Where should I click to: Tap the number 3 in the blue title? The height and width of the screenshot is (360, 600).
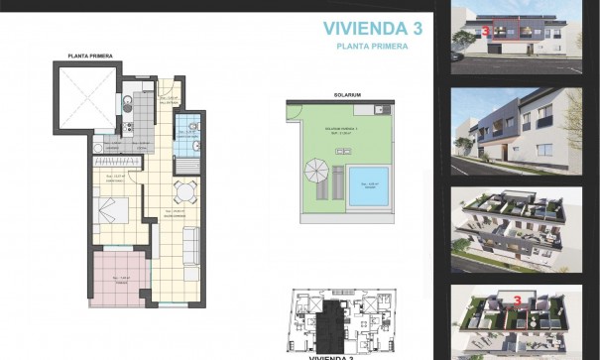[418, 29]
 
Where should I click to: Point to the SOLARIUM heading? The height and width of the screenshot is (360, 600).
[346, 95]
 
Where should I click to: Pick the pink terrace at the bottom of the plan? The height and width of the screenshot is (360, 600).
[118, 280]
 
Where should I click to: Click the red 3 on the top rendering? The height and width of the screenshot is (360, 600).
[485, 30]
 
